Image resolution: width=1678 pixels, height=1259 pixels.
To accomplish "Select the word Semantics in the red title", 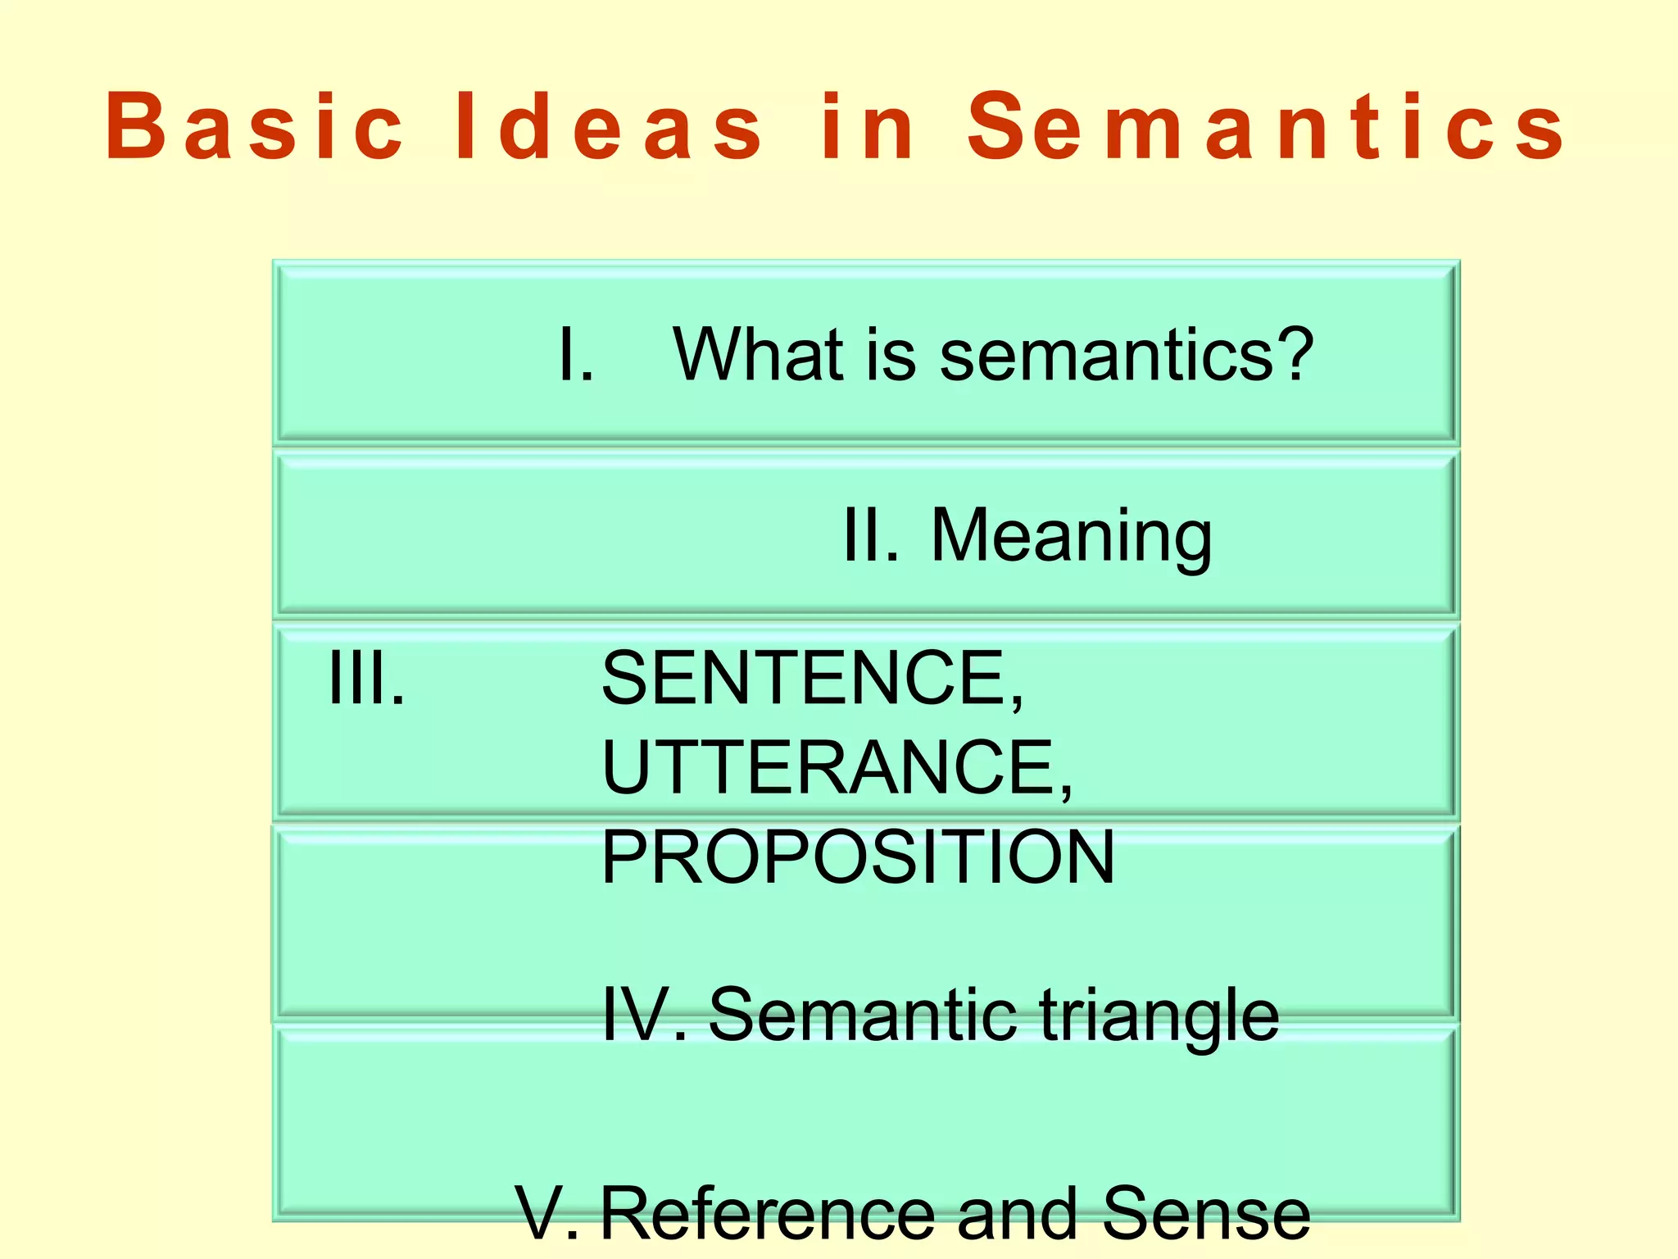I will pyautogui.click(x=1266, y=127).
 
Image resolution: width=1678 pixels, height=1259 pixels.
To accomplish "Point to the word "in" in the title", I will pyautogui.click(x=868, y=127).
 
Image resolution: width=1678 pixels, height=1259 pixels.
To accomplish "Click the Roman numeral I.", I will pyautogui.click(x=573, y=354).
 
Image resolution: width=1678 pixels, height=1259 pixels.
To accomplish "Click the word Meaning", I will pyautogui.click(x=1071, y=537).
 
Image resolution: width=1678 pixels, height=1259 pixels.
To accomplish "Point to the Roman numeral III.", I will pyautogui.click(x=365, y=678).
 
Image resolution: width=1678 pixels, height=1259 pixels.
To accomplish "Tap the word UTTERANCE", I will pyautogui.click(x=836, y=768).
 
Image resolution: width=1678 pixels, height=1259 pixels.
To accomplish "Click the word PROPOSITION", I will pyautogui.click(x=857, y=857).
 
